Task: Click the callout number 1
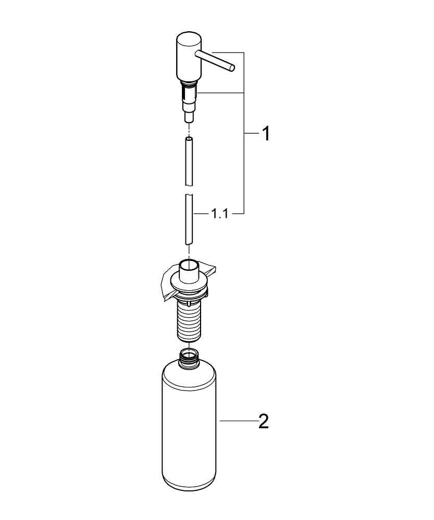(x=266, y=134)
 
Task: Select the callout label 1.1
(x=219, y=214)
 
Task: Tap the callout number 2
(x=264, y=421)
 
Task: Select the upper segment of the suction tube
(x=189, y=161)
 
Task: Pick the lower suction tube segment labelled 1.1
(x=189, y=218)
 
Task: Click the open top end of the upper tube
(x=189, y=139)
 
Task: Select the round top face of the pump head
(x=188, y=38)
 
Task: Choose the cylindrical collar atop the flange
(x=189, y=271)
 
